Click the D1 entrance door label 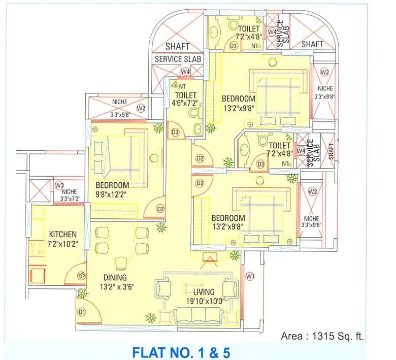click(82, 312)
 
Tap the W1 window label click(250, 276)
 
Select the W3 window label click(59, 185)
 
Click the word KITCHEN click(62, 234)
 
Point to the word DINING click(115, 277)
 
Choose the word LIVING click(204, 292)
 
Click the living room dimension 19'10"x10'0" click(205, 301)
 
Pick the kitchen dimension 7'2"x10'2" click(62, 244)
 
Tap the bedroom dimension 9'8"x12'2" click(111, 195)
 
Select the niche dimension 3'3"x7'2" click(70, 199)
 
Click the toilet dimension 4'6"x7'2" click(186, 103)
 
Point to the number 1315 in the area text click(322, 336)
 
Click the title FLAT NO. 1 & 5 click(182, 352)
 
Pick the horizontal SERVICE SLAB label click(178, 59)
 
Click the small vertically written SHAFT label click(331, 151)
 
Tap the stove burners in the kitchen click(37, 248)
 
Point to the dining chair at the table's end click(121, 263)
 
